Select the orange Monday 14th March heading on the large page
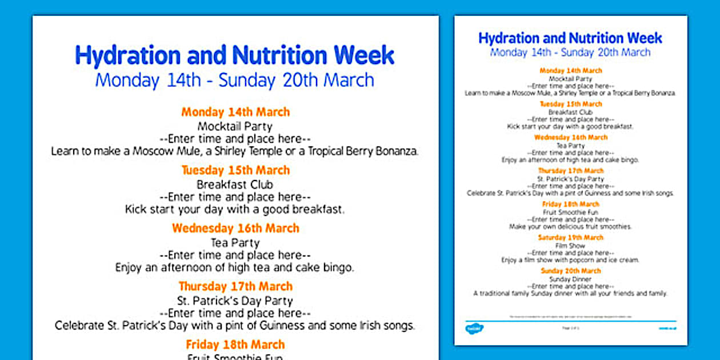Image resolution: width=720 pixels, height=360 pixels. point(235,112)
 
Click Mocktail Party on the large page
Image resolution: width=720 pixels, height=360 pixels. point(235,126)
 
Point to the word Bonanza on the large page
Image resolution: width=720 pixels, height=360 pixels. point(394,151)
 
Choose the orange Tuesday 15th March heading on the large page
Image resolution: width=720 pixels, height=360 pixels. point(235,170)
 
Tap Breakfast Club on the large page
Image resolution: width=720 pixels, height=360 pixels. point(235,185)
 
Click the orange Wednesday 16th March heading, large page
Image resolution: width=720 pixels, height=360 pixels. point(235,228)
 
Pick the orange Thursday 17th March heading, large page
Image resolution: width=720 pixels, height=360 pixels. point(235,286)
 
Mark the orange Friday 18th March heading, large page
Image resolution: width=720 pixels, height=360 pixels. point(235,345)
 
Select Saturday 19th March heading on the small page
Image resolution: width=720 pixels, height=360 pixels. point(570,238)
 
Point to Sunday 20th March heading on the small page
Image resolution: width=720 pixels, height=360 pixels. point(570,271)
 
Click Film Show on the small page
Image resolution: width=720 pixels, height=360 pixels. point(570,246)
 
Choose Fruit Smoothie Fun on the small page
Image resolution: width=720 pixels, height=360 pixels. point(570,212)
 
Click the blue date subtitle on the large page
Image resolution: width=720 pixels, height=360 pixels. point(235,80)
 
